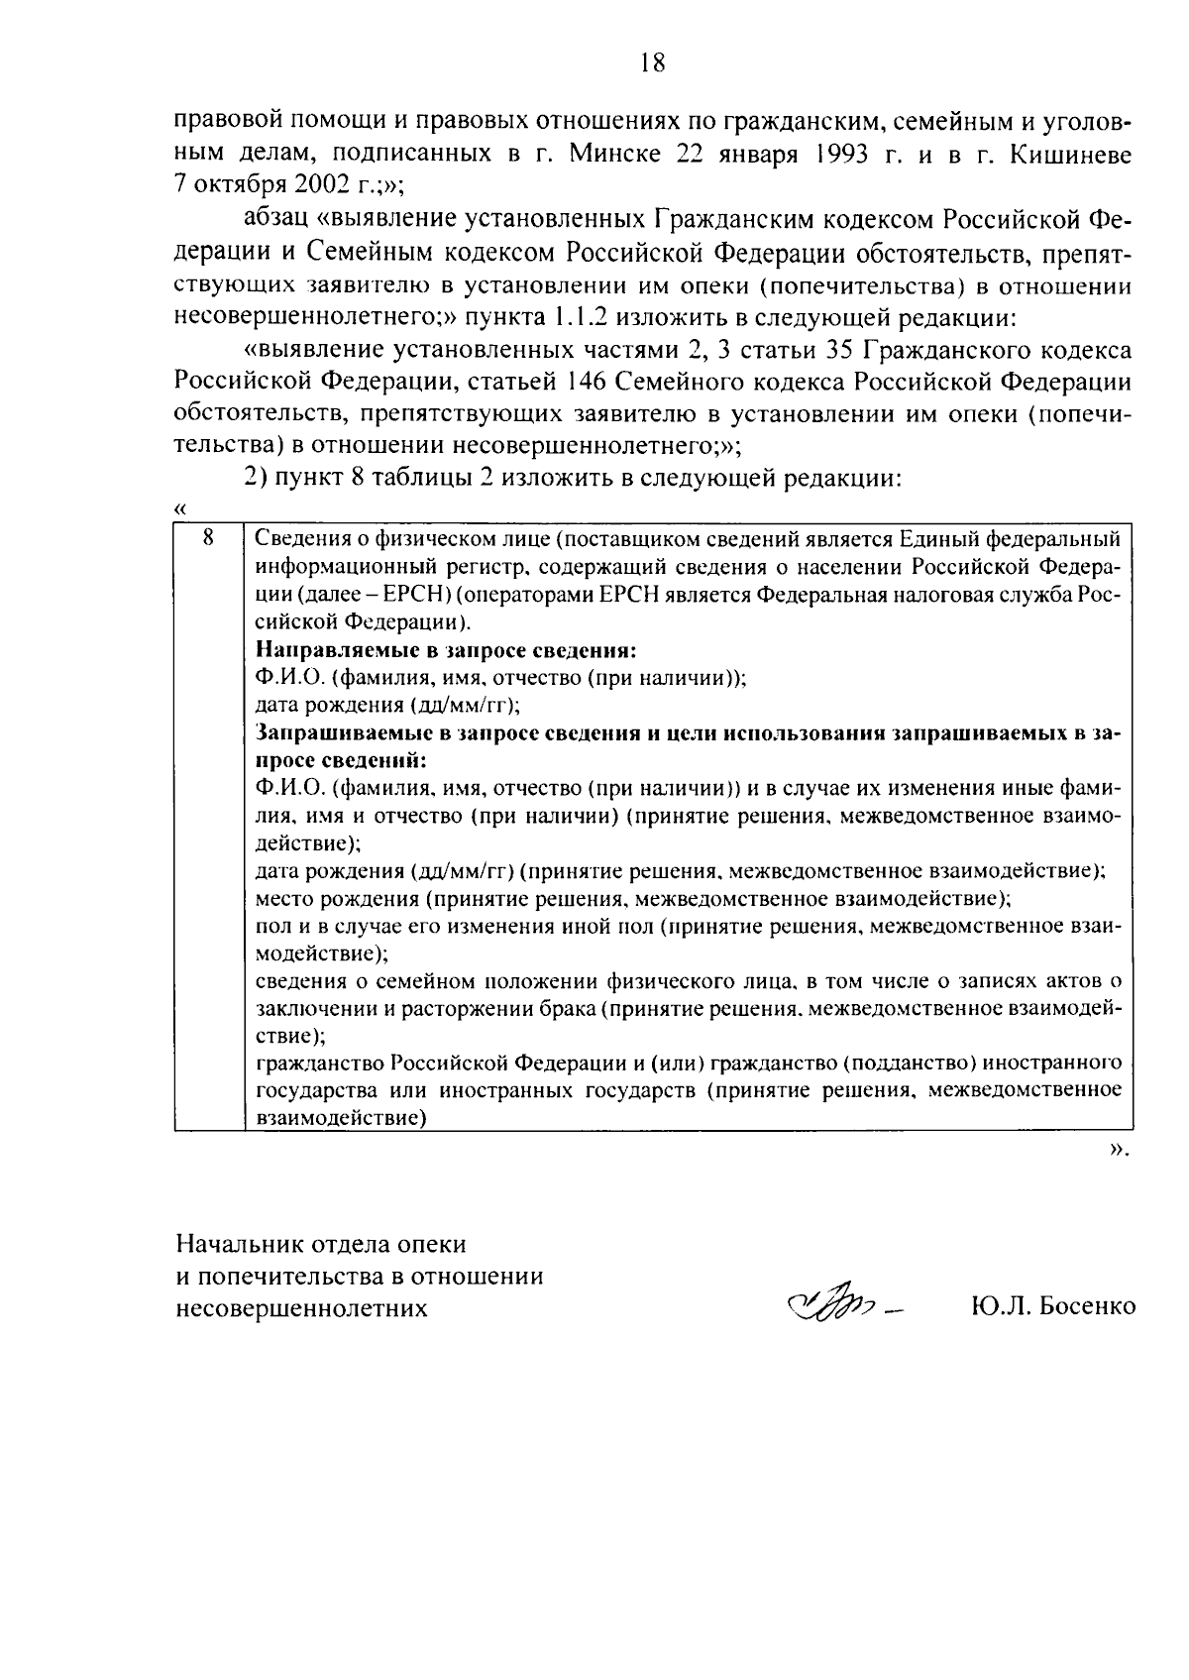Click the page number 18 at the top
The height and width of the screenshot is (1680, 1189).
pyautogui.click(x=651, y=64)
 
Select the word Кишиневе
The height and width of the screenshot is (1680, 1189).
pyautogui.click(x=1070, y=154)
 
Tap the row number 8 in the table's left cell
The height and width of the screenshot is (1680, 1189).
pyautogui.click(x=208, y=538)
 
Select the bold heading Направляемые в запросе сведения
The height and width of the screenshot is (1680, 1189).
pyautogui.click(x=445, y=651)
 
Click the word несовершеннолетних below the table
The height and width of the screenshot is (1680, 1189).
pyautogui.click(x=302, y=1307)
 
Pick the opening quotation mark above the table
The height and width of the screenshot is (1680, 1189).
pyautogui.click(x=180, y=507)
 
